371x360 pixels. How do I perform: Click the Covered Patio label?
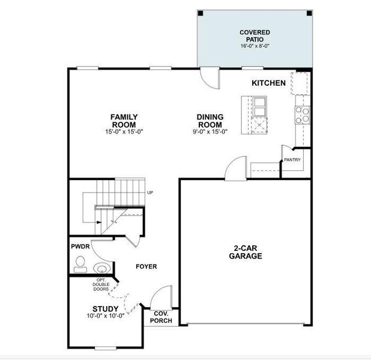[255, 35]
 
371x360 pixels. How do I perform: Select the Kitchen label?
[268, 83]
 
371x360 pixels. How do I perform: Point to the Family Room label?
[124, 121]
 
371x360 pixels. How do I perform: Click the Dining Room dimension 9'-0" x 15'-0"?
[210, 132]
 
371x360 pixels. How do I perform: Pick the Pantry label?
[292, 160]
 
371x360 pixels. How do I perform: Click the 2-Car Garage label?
[245, 252]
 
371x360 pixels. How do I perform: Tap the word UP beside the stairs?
[150, 193]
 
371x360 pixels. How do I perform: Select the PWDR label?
[80, 246]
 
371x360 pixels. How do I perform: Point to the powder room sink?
[101, 268]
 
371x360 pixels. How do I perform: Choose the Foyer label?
[146, 266]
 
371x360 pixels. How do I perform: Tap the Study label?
[105, 309]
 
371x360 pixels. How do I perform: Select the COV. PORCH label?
[161, 317]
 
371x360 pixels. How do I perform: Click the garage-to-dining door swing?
[235, 167]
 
